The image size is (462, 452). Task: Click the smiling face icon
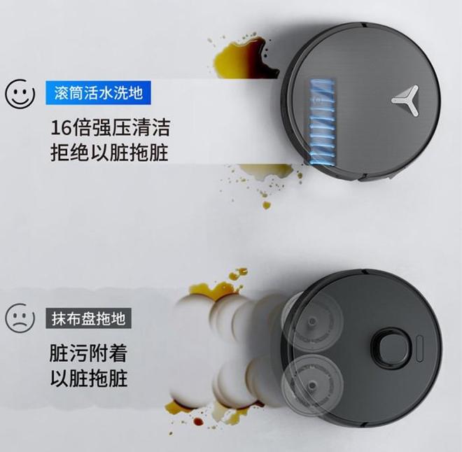click(x=20, y=94)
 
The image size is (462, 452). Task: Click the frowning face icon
click(x=20, y=318)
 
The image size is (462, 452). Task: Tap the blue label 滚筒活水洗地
click(x=98, y=93)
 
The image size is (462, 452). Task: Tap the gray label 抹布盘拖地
click(x=88, y=318)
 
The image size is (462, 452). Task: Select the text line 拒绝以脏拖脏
click(x=109, y=153)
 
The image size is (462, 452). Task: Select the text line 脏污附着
click(x=88, y=353)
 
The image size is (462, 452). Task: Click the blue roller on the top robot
click(x=322, y=121)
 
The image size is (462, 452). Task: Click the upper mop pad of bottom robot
click(x=312, y=321)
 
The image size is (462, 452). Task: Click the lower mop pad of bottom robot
click(x=312, y=384)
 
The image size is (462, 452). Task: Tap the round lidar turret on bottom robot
click(x=391, y=345)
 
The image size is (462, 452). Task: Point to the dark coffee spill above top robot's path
click(x=244, y=59)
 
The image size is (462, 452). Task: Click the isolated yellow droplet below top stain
click(x=267, y=205)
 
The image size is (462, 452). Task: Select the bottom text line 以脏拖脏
click(x=89, y=378)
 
